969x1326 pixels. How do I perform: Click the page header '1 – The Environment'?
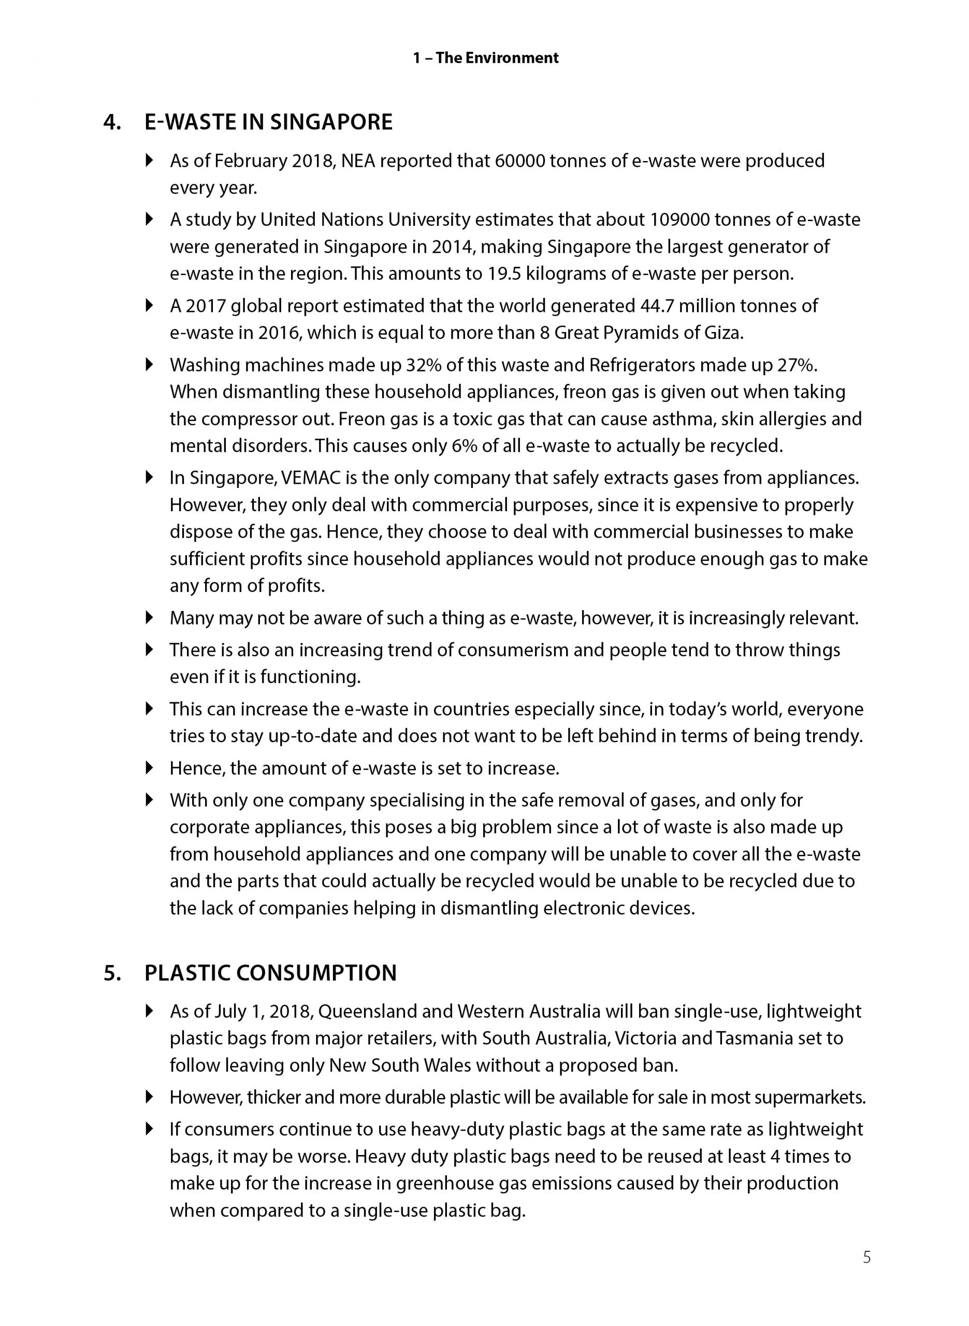coord(485,58)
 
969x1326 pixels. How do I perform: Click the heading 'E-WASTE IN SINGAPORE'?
coord(268,122)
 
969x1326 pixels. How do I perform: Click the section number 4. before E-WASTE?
coord(111,122)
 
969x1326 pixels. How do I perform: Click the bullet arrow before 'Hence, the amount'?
coord(150,767)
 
